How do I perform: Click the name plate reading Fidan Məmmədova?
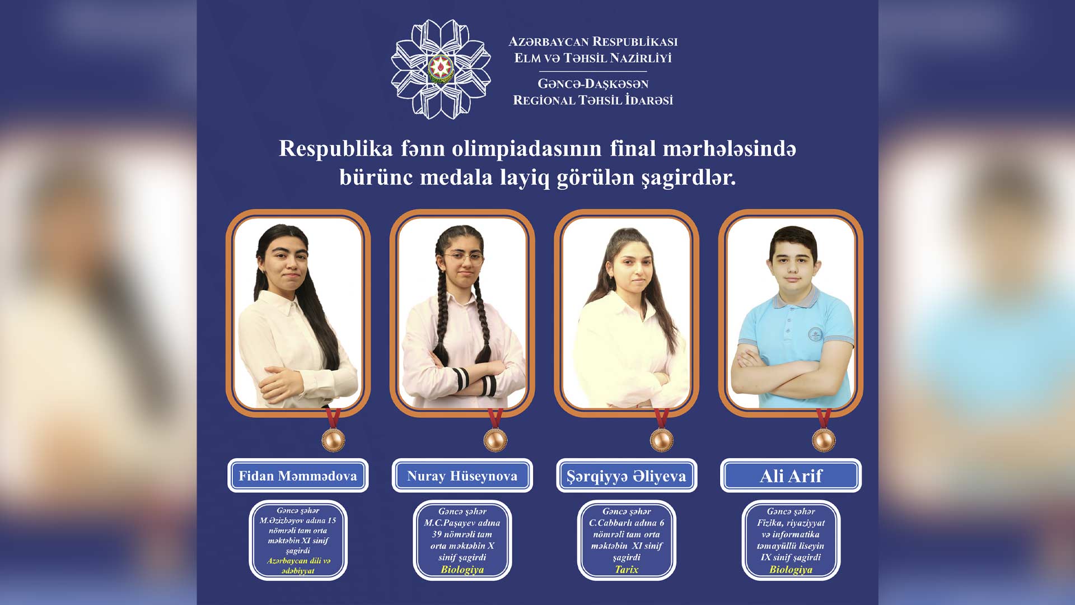point(298,476)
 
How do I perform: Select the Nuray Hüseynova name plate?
point(462,476)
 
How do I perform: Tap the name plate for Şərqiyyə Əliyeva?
point(627,476)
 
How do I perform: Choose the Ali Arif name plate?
point(791,476)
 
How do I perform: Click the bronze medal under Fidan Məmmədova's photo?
point(333,439)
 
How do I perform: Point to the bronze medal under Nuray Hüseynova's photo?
point(496,439)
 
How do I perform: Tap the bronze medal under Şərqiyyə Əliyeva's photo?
point(661,439)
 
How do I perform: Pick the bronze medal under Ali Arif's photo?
point(824,439)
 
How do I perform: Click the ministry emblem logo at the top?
point(441,69)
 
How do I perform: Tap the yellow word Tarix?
point(627,569)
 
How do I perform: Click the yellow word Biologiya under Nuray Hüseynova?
point(462,570)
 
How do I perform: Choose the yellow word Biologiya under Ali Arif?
point(791,570)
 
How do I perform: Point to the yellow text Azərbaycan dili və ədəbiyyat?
point(298,566)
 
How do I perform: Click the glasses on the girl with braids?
point(464,258)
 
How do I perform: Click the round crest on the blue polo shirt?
point(815,335)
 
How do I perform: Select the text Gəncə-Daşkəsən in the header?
point(593,84)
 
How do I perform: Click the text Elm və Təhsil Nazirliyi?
point(593,58)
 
